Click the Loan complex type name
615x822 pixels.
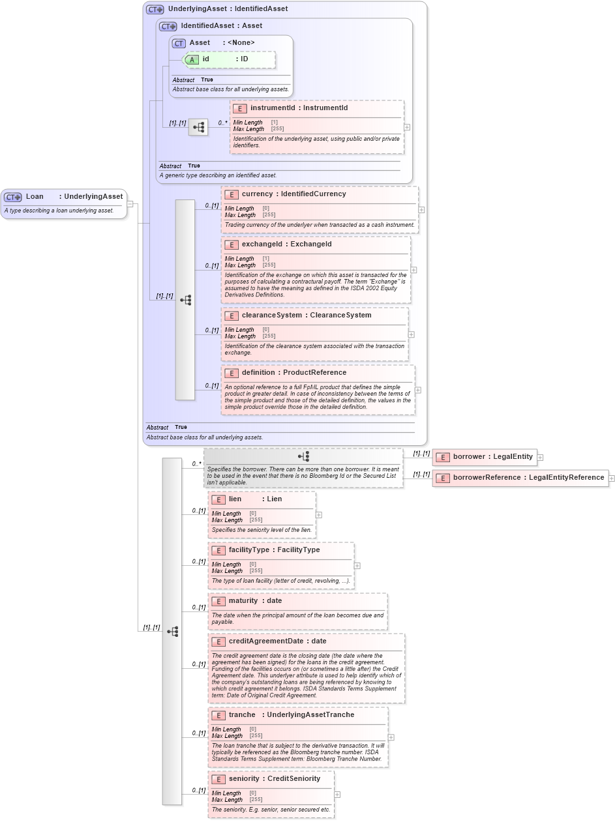(x=35, y=196)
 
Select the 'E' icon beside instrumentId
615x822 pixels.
(x=239, y=108)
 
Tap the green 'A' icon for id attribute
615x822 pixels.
(x=192, y=59)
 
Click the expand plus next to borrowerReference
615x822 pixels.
(x=611, y=478)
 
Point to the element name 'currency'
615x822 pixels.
(x=257, y=194)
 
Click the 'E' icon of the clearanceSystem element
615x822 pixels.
(x=231, y=316)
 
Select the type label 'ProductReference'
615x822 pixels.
(x=314, y=373)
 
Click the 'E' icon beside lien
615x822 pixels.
(x=218, y=499)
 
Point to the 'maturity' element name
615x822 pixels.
(x=243, y=601)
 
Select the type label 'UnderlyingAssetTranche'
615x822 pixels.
(x=310, y=715)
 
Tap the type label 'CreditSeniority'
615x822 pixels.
(x=293, y=779)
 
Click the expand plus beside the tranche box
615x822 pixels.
(x=391, y=737)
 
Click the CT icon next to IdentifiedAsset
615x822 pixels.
(x=168, y=26)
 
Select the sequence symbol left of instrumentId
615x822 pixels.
(x=198, y=127)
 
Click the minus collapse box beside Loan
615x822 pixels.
(x=130, y=203)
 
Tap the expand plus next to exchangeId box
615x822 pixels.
(x=413, y=269)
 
